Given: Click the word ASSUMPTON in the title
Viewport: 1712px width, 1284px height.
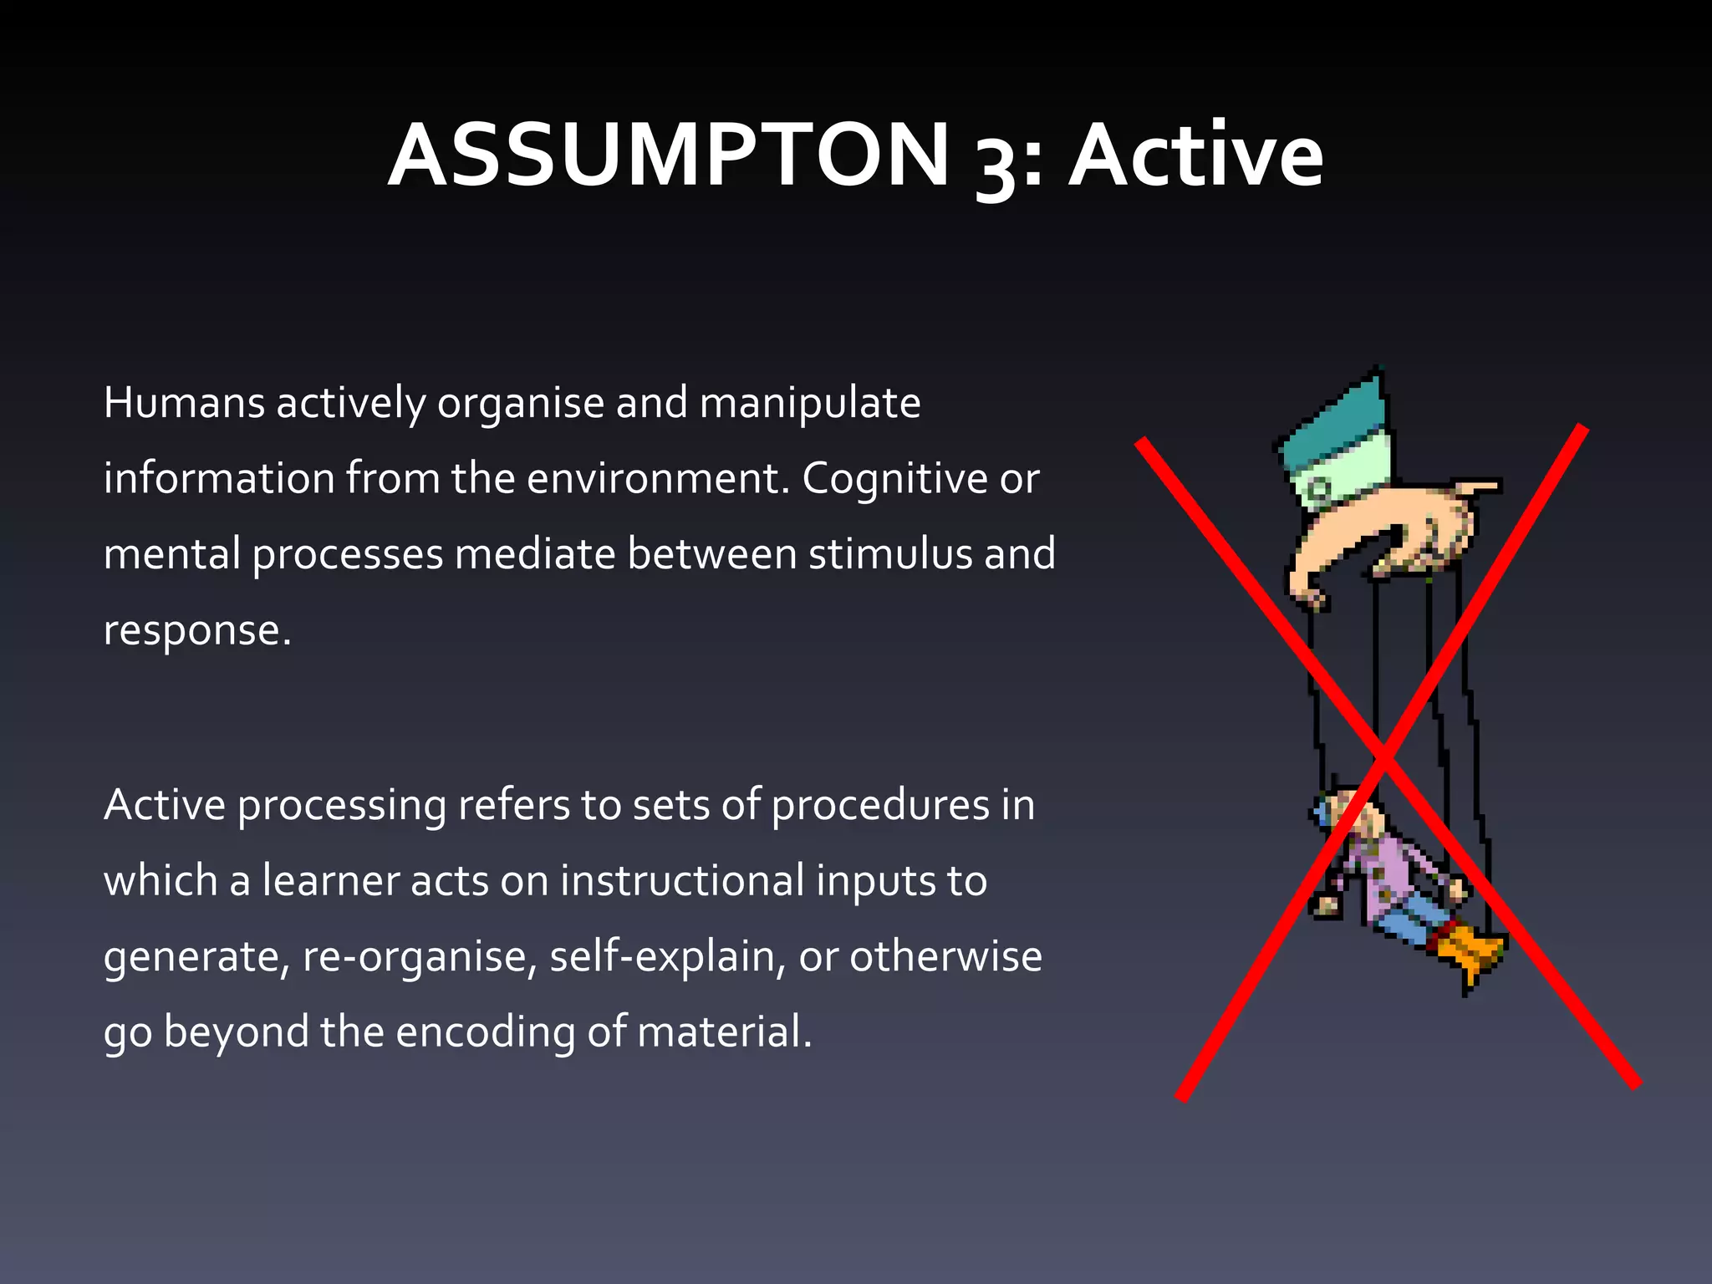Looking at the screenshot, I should (669, 155).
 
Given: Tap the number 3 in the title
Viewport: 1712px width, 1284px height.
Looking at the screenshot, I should (996, 164).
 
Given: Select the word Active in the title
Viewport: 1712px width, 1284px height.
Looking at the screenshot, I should (1196, 155).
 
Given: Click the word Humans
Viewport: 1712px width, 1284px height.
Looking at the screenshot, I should (185, 403).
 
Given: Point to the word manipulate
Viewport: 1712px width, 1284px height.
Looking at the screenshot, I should (809, 405).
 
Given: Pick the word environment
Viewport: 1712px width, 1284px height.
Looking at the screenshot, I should (657, 479).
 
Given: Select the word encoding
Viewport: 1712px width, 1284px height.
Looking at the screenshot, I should (485, 1033).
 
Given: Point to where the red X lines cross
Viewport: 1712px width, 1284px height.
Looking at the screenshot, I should (1384, 754).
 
